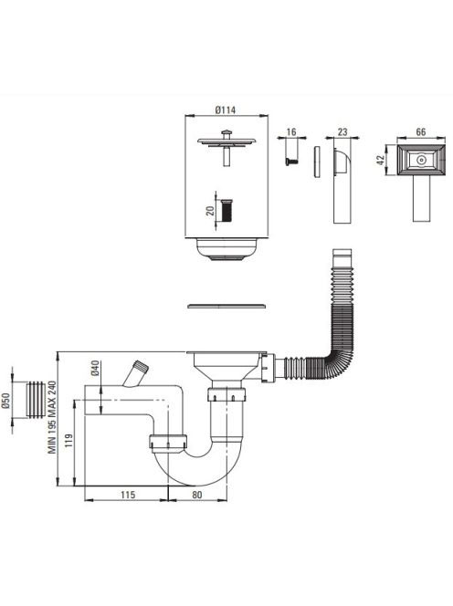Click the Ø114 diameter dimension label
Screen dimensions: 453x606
pos(226,110)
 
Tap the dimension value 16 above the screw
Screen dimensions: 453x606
pos(291,131)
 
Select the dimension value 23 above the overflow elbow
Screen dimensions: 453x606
pos(342,132)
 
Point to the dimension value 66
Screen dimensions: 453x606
pos(420,131)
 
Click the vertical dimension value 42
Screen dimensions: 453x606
pos(380,160)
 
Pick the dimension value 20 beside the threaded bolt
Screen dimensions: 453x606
pos(210,211)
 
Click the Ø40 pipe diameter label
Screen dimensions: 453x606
pos(96,368)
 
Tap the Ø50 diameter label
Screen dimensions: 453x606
pos(5,401)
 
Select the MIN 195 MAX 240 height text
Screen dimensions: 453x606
pos(52,417)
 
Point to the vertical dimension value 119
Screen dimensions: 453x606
pos(68,441)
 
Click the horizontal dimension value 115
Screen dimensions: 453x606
pos(128,495)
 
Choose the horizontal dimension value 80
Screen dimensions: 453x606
pos(197,495)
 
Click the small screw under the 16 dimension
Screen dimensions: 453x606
pos(291,162)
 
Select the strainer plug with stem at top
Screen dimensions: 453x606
pos(226,147)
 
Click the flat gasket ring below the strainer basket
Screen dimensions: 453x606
pos(226,306)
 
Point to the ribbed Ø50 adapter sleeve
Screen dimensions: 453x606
pos(36,400)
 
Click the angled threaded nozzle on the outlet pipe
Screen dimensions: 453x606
pos(135,373)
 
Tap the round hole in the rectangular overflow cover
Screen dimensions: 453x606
pos(420,160)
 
